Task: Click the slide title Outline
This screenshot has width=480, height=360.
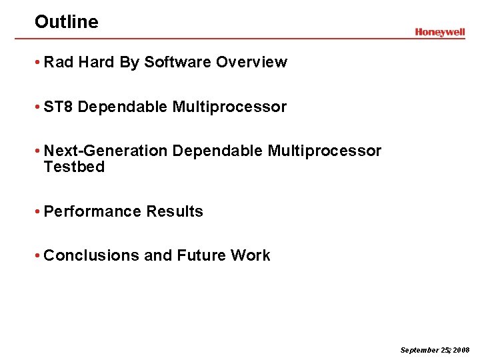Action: [x=66, y=22]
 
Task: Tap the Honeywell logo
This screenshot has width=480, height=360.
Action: [x=439, y=32]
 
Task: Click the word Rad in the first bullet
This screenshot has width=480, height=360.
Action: [x=59, y=63]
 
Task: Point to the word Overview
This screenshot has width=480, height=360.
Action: [x=251, y=63]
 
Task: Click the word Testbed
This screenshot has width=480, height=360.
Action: [x=74, y=167]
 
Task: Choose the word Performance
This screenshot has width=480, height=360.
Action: [x=93, y=211]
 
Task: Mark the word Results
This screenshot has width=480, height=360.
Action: [x=175, y=211]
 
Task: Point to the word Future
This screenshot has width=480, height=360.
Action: [x=201, y=256]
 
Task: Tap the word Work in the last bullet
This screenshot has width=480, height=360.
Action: [x=251, y=256]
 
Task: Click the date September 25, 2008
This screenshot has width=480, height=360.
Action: [x=435, y=350]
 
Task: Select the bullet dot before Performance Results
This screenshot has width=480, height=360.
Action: [x=39, y=212]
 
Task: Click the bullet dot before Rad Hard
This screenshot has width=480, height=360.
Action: [x=39, y=63]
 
